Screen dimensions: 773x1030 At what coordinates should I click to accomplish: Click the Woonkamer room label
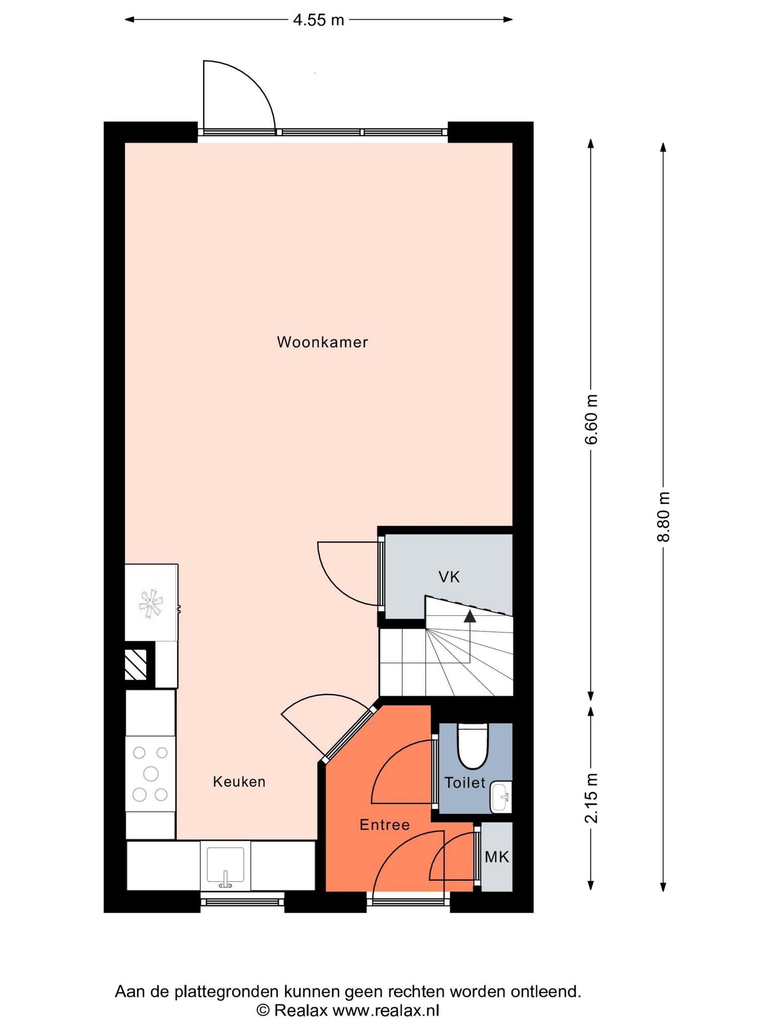tap(322, 342)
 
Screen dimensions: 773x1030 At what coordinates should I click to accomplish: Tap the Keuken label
tap(239, 782)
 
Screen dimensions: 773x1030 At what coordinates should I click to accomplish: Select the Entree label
tap(384, 825)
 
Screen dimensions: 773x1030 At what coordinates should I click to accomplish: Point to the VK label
tap(449, 577)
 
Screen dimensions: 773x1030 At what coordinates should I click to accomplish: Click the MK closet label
tap(497, 857)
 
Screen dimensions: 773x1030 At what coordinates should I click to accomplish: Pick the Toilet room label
tap(465, 783)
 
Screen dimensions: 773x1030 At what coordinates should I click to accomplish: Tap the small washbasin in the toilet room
tap(501, 797)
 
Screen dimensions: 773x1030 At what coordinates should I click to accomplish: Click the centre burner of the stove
tap(150, 773)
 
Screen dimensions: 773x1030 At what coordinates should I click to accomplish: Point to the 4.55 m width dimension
tap(319, 20)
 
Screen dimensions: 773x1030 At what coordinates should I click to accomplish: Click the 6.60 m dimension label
tap(591, 419)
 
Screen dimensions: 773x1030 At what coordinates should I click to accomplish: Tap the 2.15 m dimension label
tap(591, 798)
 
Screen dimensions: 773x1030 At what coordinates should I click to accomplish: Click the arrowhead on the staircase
tap(470, 616)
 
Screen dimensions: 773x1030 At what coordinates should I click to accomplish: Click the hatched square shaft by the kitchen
tap(136, 664)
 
